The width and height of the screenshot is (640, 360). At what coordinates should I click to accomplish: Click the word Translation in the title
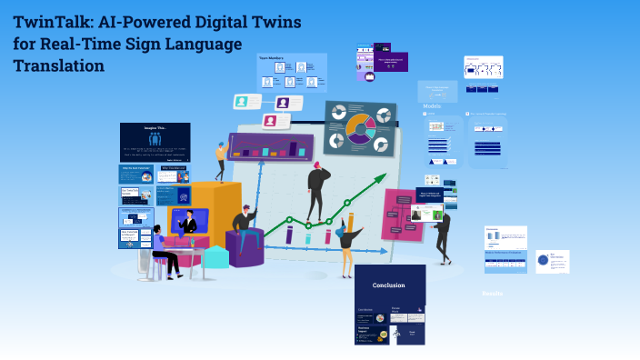tap(59, 65)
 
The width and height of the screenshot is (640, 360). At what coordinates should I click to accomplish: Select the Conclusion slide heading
tap(389, 285)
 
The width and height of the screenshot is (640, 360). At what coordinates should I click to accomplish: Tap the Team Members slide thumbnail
tap(292, 73)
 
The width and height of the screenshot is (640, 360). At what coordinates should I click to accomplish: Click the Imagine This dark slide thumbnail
tap(155, 142)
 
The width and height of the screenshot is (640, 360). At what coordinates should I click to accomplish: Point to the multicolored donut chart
tap(360, 128)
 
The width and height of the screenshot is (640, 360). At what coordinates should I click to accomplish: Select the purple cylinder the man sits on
tap(245, 247)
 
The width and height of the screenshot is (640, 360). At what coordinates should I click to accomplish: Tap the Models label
tap(432, 105)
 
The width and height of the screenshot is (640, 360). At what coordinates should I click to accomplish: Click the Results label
tap(492, 294)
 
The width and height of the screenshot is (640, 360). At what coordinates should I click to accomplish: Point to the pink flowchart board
tap(402, 215)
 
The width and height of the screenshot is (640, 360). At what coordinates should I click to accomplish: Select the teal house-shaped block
tap(215, 256)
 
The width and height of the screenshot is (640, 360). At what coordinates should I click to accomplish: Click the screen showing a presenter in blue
tap(187, 221)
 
